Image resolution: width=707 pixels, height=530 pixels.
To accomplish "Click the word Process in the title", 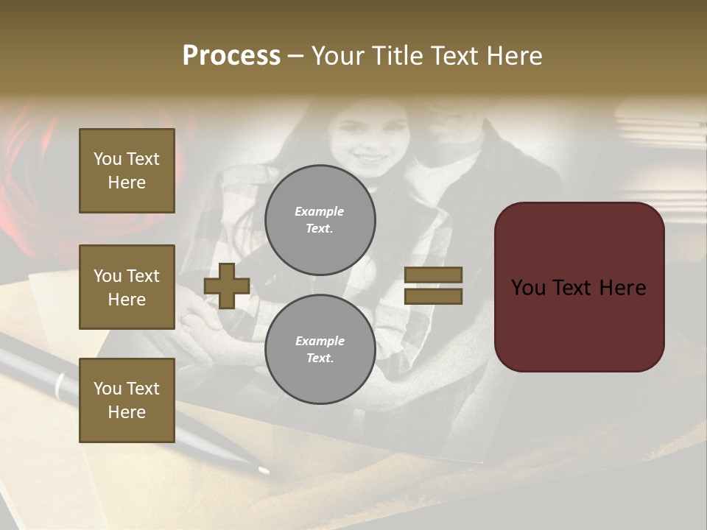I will click(231, 55).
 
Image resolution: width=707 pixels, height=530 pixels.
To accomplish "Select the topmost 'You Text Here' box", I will click(127, 171).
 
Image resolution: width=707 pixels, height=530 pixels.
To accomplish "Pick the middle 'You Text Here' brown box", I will click(127, 287).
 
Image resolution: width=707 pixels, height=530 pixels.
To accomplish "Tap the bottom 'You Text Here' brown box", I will click(127, 400).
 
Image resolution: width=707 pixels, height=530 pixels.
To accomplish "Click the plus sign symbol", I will click(227, 286).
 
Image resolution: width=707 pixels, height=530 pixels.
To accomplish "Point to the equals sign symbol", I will click(434, 286).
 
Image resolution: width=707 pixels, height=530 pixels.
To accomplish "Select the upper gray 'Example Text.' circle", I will click(320, 219).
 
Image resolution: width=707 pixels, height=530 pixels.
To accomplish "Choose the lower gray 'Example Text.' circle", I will click(320, 349).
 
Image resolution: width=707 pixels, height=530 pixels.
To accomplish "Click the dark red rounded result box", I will click(579, 287).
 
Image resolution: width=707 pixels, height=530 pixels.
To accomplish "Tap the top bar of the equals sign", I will click(434, 275).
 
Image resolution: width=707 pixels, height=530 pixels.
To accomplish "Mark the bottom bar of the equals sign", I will click(434, 296).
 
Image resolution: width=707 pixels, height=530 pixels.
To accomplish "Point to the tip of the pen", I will click(264, 469).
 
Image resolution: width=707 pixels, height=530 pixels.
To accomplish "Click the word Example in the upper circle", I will click(320, 211).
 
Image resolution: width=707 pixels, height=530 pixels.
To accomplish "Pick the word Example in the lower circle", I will click(320, 341).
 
